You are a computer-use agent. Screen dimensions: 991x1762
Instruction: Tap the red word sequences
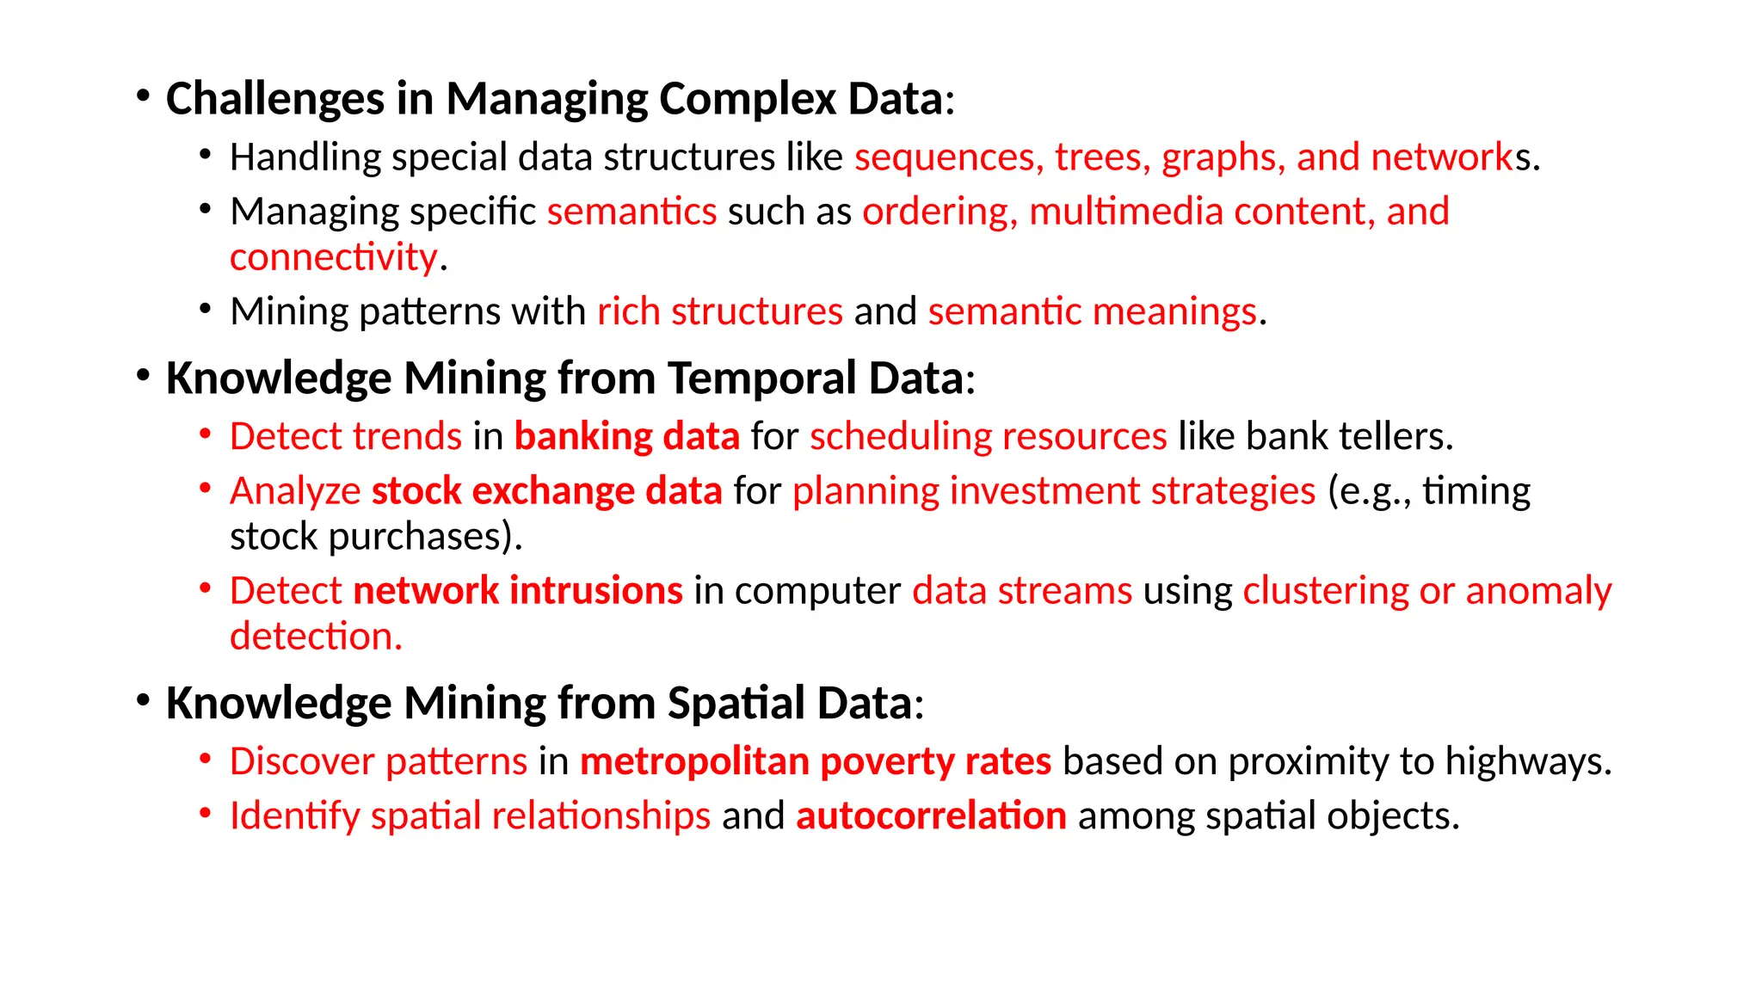[x=948, y=157]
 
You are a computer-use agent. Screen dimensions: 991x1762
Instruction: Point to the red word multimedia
[x=1125, y=212]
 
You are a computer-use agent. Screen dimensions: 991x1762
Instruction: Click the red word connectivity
[x=334, y=257]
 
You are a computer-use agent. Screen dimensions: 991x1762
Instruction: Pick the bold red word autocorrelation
[x=931, y=816]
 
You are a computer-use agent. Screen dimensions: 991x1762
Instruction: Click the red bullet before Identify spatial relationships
[x=205, y=811]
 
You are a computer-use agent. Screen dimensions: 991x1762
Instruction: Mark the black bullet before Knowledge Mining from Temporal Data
[x=143, y=374]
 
